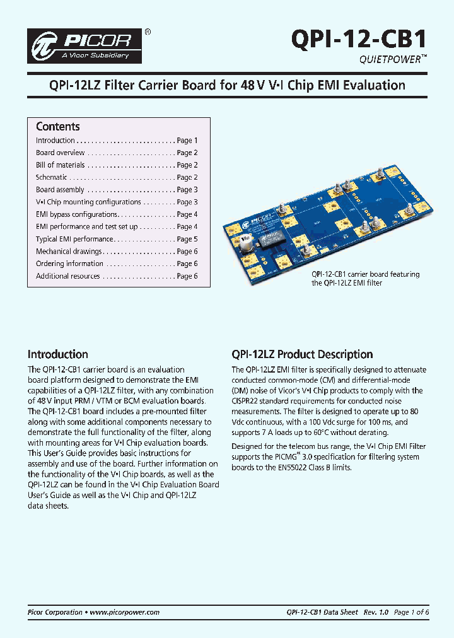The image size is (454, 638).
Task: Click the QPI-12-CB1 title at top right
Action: [x=359, y=39]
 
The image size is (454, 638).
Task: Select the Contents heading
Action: [x=57, y=126]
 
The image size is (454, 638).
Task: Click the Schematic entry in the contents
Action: [x=51, y=178]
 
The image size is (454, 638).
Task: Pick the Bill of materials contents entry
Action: [x=60, y=165]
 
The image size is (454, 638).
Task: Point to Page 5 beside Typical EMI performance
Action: [x=187, y=240]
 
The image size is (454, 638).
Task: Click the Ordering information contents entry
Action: [x=69, y=264]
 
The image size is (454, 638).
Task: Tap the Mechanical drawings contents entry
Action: [x=68, y=252]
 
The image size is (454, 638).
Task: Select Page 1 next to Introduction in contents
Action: [x=187, y=141]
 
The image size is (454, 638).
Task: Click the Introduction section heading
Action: [x=57, y=354]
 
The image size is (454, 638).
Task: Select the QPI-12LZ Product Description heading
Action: [x=302, y=354]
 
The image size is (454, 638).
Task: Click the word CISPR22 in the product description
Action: [x=248, y=401]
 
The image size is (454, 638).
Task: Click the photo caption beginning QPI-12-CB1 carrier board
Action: [x=365, y=279]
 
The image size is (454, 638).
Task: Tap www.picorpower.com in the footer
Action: [x=125, y=612]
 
